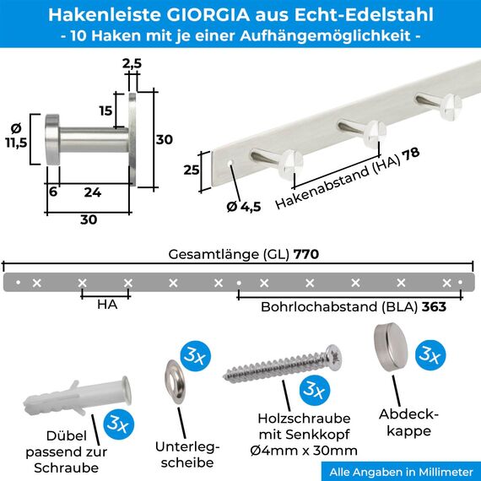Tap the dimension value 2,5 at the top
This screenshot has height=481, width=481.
pos(131,62)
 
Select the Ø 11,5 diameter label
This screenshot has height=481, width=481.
pos(16,136)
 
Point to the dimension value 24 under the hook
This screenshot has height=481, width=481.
pos(93,192)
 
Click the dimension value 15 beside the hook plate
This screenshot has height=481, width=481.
pos(105,111)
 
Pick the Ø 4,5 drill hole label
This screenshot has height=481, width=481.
pos(243,205)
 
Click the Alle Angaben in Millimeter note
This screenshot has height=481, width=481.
pos(401,471)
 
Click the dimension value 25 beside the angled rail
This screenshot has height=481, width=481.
pos(191,170)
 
